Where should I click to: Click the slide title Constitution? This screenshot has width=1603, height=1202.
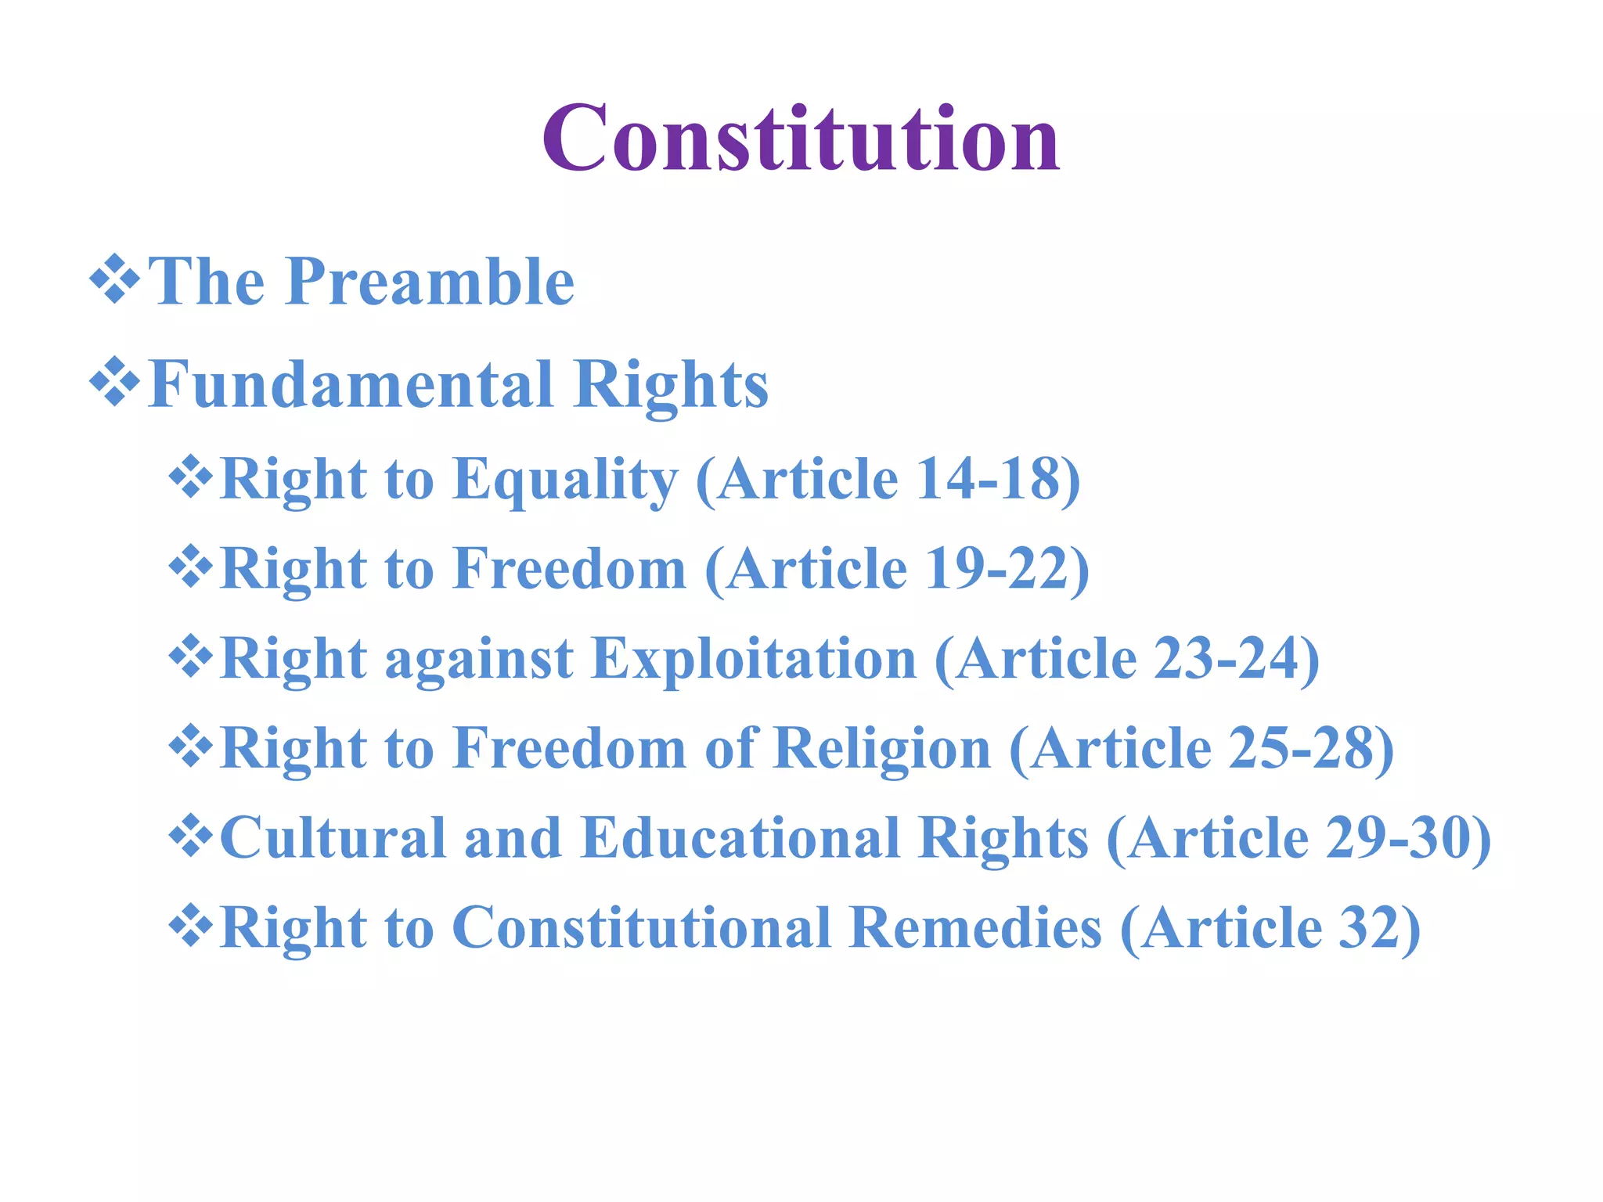tap(801, 139)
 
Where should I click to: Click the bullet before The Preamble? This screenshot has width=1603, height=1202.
tap(114, 279)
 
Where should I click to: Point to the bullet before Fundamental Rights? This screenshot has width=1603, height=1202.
tap(114, 382)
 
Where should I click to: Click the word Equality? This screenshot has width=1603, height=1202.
tap(565, 479)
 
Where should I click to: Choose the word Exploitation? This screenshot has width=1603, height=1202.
tap(754, 659)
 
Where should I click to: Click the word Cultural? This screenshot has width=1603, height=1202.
tap(333, 838)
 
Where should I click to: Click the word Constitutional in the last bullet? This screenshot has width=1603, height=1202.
tap(642, 928)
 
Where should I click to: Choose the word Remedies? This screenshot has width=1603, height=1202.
tap(976, 928)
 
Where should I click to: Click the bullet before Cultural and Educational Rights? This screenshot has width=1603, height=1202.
tap(190, 836)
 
